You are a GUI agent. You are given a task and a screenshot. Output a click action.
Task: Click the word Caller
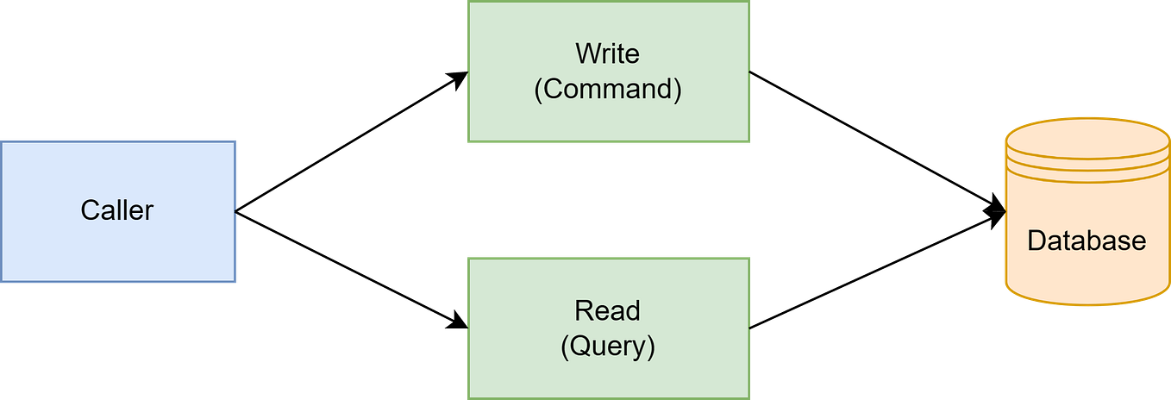tap(117, 210)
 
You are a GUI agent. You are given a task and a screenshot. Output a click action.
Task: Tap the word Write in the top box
tap(608, 53)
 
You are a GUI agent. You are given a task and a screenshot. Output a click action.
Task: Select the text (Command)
tap(608, 90)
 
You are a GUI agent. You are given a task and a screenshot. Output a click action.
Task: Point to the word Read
tap(608, 310)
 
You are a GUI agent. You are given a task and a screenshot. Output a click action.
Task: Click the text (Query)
tap(608, 347)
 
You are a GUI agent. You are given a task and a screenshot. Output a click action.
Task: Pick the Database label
tap(1086, 241)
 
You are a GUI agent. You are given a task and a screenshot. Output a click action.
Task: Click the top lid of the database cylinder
tap(1086, 134)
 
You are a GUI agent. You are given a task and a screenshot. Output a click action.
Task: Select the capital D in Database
tap(1036, 241)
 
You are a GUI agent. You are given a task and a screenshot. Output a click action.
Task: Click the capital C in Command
tap(554, 90)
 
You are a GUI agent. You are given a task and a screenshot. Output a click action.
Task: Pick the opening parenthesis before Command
tap(539, 90)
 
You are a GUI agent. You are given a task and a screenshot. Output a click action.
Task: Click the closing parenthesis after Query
tap(651, 347)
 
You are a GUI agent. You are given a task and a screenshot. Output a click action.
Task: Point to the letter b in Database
tap(1096, 241)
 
